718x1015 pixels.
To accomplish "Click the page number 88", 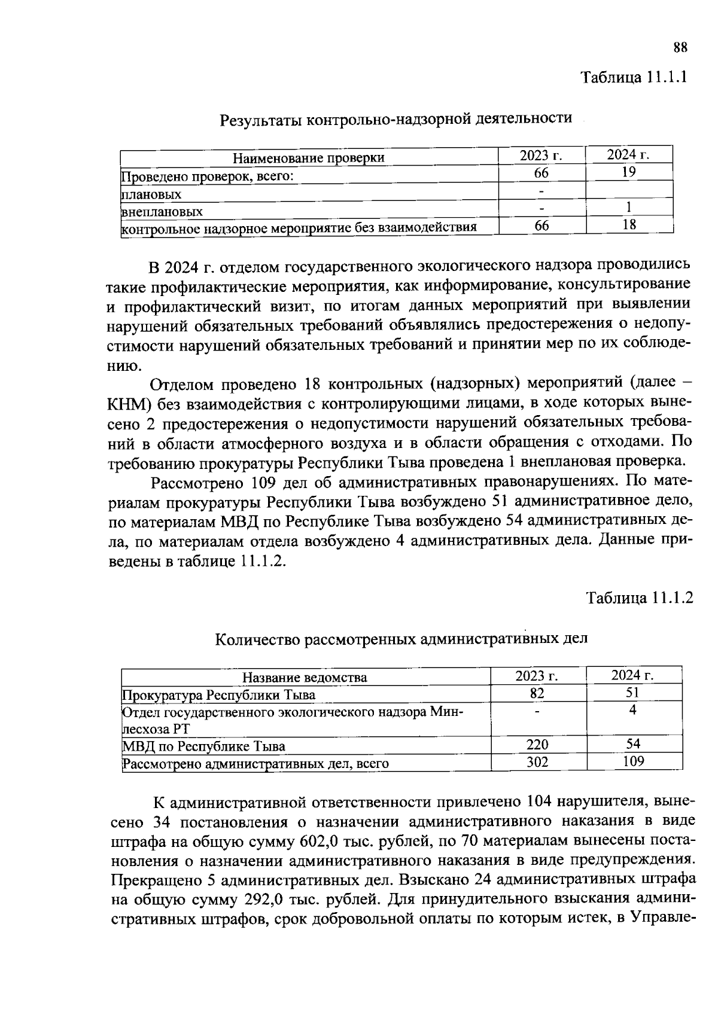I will [680, 48].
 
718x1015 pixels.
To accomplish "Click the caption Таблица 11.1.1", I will [634, 78].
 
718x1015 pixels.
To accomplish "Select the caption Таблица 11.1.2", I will [639, 598].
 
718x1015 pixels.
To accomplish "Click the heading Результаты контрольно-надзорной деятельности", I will [396, 119].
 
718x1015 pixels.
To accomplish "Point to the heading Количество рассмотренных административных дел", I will [401, 639].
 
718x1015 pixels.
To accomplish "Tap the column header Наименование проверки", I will [308, 158].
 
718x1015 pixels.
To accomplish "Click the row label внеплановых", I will [162, 212].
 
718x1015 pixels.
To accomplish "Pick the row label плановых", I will [151, 194].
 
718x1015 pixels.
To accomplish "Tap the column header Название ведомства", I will [305, 677].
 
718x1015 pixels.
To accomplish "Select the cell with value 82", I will [537, 693].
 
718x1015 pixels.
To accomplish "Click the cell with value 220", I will [537, 745].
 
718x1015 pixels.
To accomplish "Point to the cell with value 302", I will [537, 761].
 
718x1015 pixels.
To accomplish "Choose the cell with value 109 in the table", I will [633, 761].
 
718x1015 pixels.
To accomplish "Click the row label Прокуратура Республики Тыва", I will [218, 695].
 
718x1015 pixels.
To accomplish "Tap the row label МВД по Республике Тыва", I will [203, 746].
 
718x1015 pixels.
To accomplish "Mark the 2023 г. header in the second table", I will [537, 676].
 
